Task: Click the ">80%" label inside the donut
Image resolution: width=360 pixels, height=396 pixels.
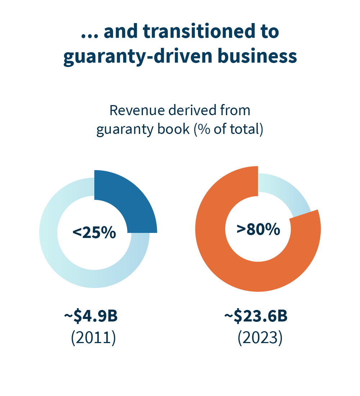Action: (x=258, y=229)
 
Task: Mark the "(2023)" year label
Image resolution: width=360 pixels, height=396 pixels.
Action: (x=260, y=338)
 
